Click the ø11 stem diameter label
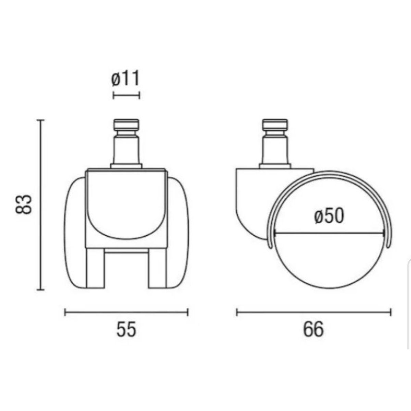(126, 79)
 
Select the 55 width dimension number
(126, 330)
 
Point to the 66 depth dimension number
(313, 330)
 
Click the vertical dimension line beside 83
(41, 205)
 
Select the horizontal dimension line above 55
(126, 312)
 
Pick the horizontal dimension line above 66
(314, 312)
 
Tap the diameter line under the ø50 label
(329, 235)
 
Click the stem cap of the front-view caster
(126, 124)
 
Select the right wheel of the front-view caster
(178, 233)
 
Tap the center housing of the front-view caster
(126, 206)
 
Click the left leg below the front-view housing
(95, 267)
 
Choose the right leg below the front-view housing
(157, 267)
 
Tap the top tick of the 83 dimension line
(41, 120)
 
